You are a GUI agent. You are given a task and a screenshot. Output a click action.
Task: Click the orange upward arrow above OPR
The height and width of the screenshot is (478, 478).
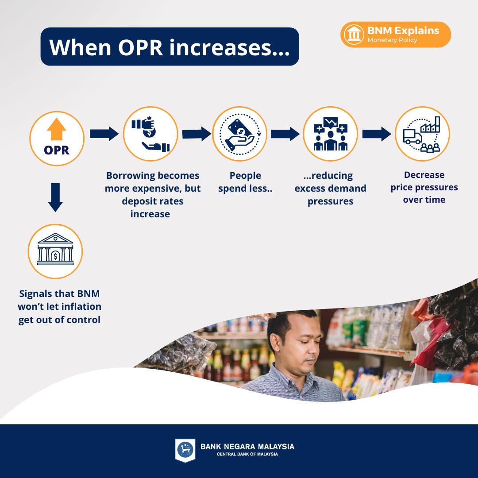tap(56, 129)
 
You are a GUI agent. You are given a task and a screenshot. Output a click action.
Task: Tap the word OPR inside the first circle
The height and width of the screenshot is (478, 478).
tap(57, 150)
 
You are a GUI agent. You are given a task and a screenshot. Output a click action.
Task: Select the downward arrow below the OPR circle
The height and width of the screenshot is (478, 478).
tap(55, 197)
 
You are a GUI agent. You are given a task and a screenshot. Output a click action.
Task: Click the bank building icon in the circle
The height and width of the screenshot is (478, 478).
tap(55, 249)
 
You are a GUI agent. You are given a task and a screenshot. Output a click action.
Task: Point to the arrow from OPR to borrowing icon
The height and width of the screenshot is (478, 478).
tap(104, 134)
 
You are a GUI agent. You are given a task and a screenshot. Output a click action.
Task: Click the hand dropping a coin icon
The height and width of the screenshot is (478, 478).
tap(150, 134)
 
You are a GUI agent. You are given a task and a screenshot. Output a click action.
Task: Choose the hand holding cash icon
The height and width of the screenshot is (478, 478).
tap(239, 134)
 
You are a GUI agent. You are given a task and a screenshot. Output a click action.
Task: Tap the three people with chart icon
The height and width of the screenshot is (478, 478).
tap(331, 134)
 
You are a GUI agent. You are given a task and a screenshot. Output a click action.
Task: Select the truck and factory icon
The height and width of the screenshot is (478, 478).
tap(422, 134)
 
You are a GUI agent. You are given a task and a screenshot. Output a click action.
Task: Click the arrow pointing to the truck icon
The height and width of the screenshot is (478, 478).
tap(377, 134)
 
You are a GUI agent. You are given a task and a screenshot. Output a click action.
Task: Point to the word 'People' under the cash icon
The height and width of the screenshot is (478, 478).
tap(245, 176)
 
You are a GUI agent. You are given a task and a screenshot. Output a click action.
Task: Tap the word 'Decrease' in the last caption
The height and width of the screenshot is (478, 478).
tap(424, 175)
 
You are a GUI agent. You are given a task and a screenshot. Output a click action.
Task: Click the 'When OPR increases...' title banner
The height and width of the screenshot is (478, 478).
tap(170, 46)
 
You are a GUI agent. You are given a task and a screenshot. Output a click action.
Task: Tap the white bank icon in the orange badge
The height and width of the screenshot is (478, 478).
tap(354, 35)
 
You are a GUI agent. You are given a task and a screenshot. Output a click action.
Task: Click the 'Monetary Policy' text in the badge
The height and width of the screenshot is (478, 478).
tap(392, 40)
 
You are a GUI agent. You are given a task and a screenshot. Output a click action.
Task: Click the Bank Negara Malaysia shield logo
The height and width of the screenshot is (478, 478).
tap(185, 450)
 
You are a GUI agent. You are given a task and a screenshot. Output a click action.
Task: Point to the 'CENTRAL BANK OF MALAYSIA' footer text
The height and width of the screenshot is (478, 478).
tap(247, 454)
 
